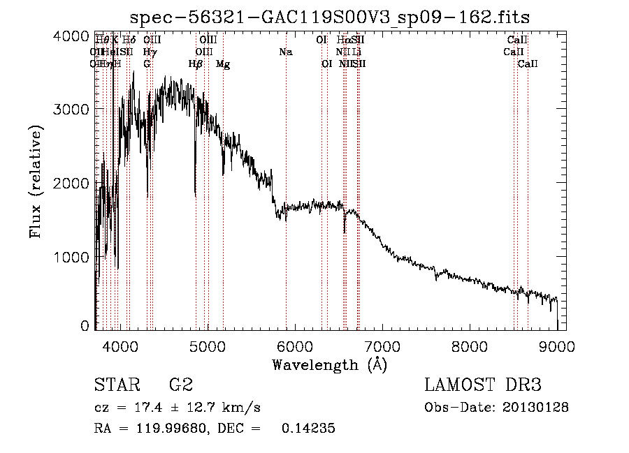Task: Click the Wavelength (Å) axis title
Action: click(329, 364)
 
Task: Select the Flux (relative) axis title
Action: click(36, 181)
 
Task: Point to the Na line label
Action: click(285, 52)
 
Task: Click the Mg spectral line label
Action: click(223, 64)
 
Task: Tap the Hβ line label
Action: click(196, 64)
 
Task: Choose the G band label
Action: click(147, 64)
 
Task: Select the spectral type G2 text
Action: click(180, 385)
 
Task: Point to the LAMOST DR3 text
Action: click(484, 385)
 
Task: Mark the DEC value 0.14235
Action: click(308, 429)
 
